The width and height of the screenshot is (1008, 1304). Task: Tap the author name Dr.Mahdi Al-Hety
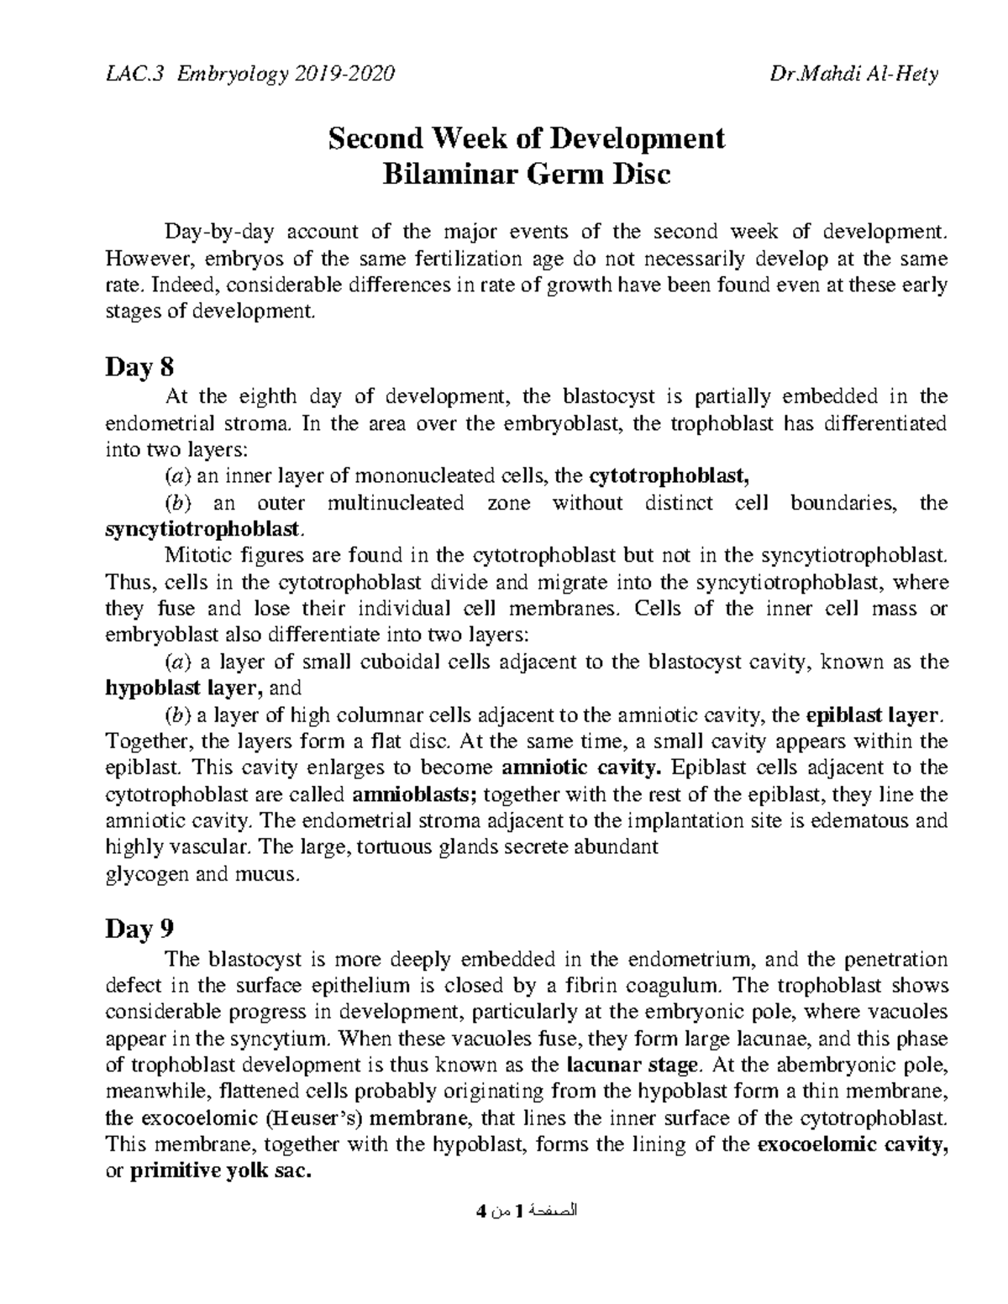coord(853,75)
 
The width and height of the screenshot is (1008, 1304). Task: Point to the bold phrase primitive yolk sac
coord(221,1172)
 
